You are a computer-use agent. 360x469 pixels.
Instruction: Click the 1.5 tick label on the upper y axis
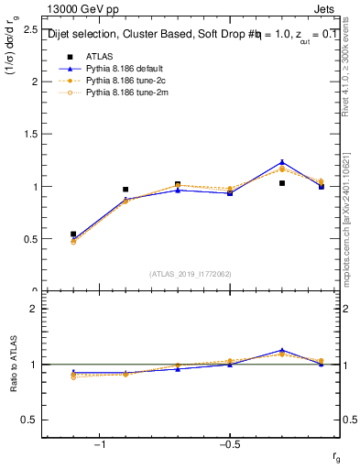31,134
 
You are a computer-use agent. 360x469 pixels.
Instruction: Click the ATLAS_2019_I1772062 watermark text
191,273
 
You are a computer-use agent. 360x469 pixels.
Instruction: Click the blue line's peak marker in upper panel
282,162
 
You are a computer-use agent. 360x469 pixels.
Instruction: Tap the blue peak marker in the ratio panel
282,350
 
